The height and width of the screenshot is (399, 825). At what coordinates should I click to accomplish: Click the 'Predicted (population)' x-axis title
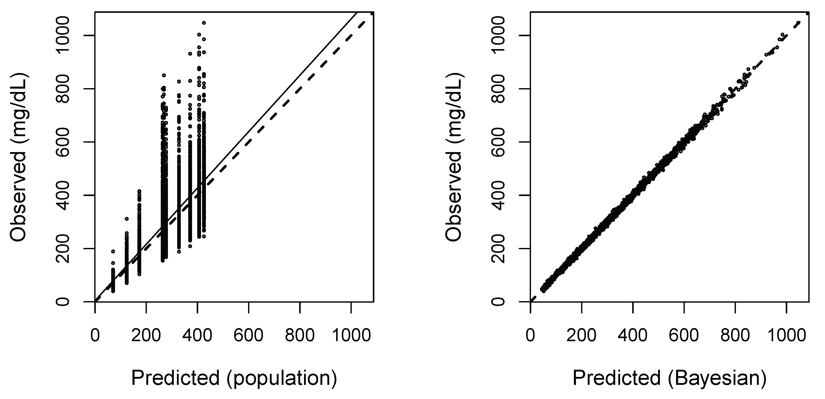pos(234,378)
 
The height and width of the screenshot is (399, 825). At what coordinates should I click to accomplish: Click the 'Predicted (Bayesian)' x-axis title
pos(669,378)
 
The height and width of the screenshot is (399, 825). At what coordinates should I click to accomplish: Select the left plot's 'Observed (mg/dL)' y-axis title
pos(18,157)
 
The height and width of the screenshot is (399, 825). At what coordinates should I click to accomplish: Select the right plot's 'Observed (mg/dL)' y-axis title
pos(454,157)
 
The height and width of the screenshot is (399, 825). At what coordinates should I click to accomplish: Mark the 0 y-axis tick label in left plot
pos(63,302)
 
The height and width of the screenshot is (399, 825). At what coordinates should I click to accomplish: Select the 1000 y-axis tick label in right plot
pos(498,35)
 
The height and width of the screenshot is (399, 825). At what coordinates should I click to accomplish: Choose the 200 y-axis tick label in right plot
pos(498,248)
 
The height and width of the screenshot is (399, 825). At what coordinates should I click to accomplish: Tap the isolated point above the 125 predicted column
pos(127,219)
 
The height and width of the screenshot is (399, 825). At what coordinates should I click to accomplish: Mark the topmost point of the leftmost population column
pos(113,251)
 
